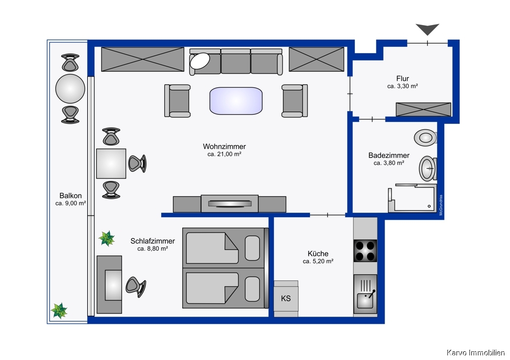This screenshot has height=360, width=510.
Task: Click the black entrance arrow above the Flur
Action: [x=427, y=29]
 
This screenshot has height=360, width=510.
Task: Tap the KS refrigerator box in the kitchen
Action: [x=286, y=298]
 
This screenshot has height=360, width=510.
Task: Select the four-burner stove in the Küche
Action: [x=365, y=251]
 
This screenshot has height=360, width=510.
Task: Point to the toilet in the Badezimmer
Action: [x=425, y=138]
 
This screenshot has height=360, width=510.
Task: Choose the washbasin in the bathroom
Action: [x=427, y=168]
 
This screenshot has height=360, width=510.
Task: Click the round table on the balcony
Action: [x=70, y=89]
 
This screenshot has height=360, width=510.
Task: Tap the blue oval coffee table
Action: [x=236, y=101]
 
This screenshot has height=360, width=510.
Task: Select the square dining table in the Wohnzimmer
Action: [x=111, y=164]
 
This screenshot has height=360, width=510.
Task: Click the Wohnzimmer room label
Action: [x=224, y=147]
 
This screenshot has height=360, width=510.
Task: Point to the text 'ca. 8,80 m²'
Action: [x=152, y=249]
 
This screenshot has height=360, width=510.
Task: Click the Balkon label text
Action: [x=70, y=196]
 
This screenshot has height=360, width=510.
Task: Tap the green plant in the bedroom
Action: [x=107, y=238]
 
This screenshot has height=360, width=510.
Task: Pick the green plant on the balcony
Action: [x=59, y=311]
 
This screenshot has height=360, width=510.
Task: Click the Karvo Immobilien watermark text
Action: [x=475, y=352]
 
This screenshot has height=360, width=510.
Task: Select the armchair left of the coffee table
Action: [x=177, y=101]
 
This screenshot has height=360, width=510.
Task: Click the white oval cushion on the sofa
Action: [x=200, y=61]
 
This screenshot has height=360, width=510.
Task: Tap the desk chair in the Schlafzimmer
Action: [x=136, y=287]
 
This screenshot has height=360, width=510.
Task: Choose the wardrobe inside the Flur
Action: [x=423, y=109]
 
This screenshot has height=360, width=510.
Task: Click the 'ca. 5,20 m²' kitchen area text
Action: [x=318, y=261]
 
